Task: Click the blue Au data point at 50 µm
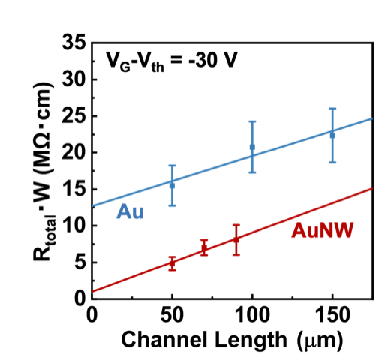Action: (172, 186)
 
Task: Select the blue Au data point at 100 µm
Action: (252, 147)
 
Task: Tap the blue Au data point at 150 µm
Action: (332, 136)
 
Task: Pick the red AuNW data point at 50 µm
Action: (172, 263)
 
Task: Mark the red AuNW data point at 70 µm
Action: (204, 247)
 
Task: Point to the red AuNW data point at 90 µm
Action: (236, 240)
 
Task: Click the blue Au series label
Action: (130, 211)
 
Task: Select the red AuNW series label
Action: (323, 230)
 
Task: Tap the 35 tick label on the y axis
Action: (74, 43)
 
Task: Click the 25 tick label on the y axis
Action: (74, 116)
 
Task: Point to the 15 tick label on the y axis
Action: (74, 189)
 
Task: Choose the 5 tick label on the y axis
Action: (80, 262)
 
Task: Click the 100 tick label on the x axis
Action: (253, 315)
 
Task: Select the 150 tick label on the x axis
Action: (333, 315)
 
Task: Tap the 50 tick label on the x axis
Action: (172, 315)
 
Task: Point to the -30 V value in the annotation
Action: (212, 60)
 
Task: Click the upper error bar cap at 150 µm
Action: (332, 109)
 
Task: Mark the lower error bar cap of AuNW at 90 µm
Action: (236, 255)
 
